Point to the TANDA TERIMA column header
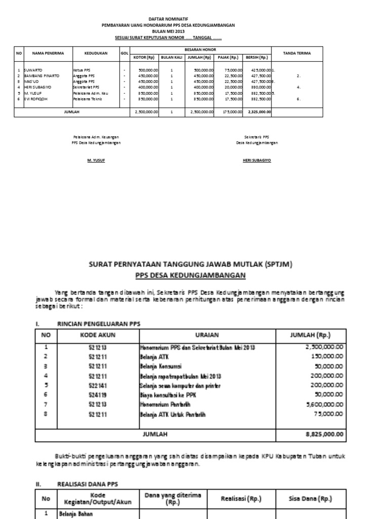tap(297, 53)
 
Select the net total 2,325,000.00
tap(259, 112)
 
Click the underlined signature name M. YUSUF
tap(96, 160)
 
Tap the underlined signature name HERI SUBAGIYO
tap(257, 160)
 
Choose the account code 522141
tap(98, 385)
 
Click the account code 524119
tap(98, 395)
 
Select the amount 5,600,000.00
tap(324, 404)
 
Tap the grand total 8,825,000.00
tap(324, 434)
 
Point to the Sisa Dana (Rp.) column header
tap(310, 498)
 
